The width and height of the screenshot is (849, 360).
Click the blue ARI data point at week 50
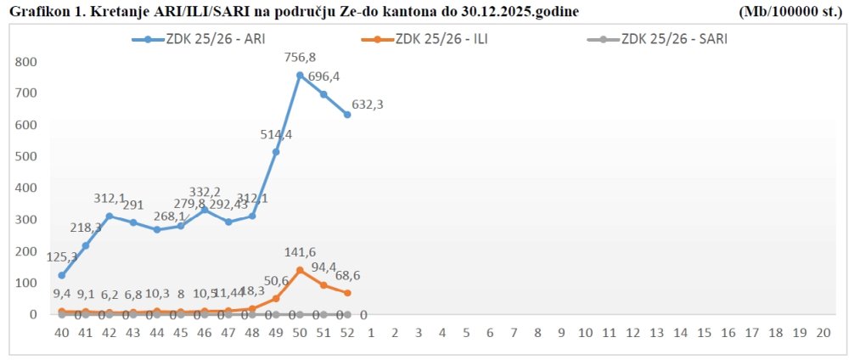click(300, 76)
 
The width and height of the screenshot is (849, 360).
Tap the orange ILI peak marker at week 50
click(300, 270)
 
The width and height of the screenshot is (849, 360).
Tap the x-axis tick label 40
click(62, 333)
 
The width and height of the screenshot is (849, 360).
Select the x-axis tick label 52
click(347, 333)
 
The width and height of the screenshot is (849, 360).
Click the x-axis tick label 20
click(822, 333)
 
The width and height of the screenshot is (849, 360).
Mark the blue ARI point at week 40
click(62, 275)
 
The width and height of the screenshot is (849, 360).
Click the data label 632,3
click(369, 105)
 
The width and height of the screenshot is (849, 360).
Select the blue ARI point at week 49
click(276, 152)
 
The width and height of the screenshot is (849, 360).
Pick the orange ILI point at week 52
click(347, 293)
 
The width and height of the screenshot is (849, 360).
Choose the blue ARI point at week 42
click(110, 216)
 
